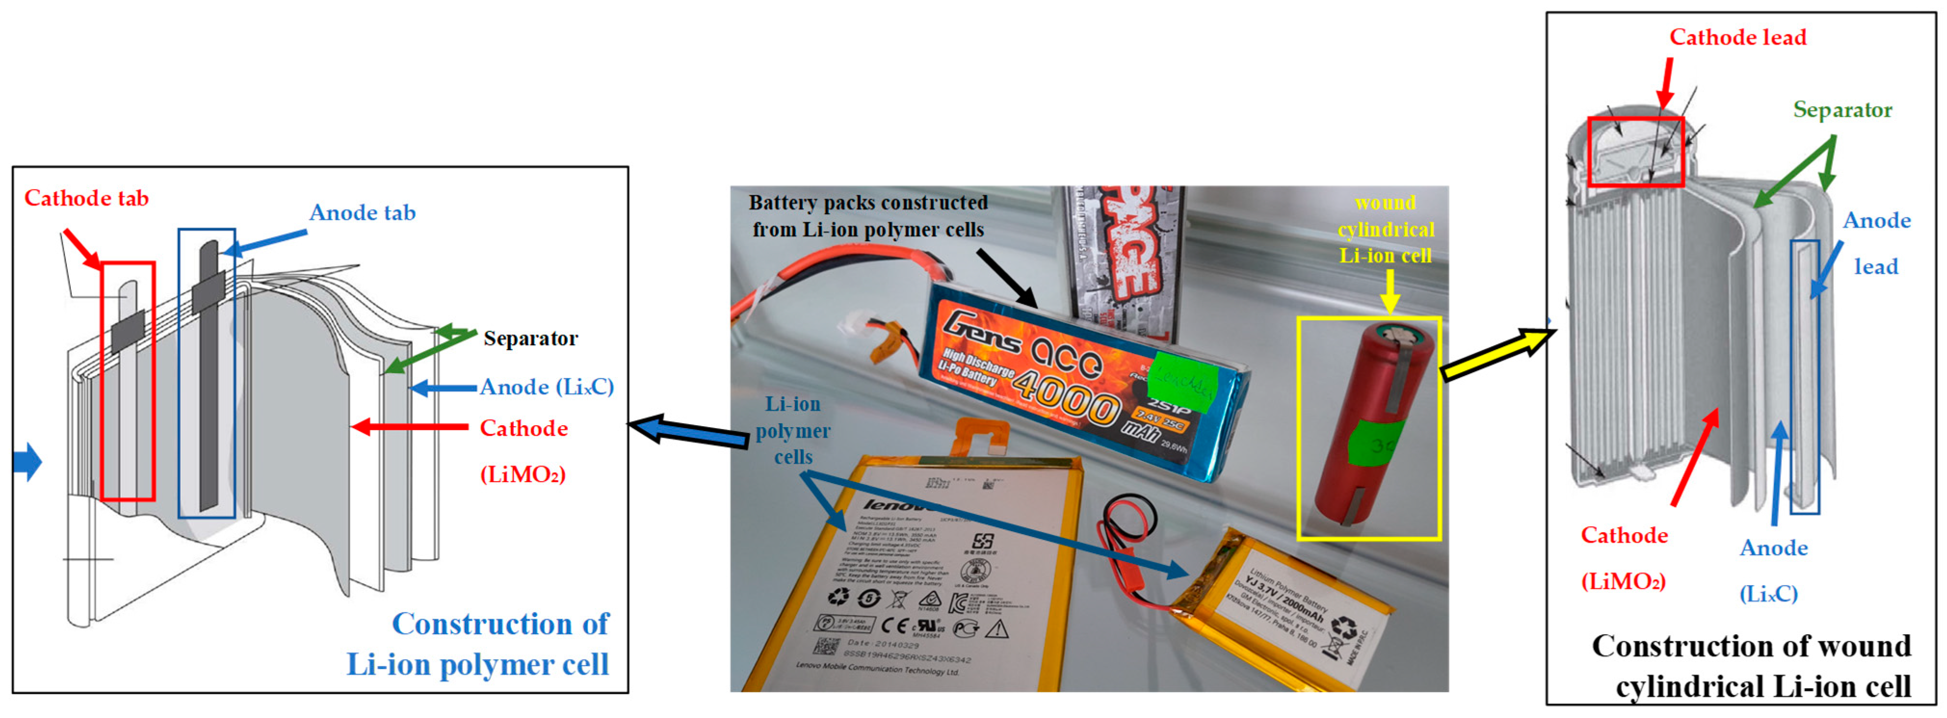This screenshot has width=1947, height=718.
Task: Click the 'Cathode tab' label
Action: (86, 198)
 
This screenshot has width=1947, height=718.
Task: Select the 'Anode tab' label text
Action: (362, 212)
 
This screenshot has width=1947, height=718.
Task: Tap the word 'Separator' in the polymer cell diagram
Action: (531, 338)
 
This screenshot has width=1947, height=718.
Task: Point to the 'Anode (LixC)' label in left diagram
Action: (547, 387)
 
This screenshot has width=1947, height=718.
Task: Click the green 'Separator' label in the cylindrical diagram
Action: (1842, 110)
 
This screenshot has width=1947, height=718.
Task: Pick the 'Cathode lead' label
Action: (1738, 37)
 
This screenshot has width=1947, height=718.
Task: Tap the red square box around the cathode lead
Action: (1635, 152)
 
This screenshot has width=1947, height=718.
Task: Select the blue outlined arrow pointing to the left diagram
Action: (688, 432)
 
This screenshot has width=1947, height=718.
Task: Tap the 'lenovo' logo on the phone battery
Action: (896, 504)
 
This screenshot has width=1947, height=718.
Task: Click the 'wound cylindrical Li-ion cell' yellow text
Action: (1385, 229)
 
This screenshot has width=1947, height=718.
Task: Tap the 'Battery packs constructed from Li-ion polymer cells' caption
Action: (868, 216)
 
